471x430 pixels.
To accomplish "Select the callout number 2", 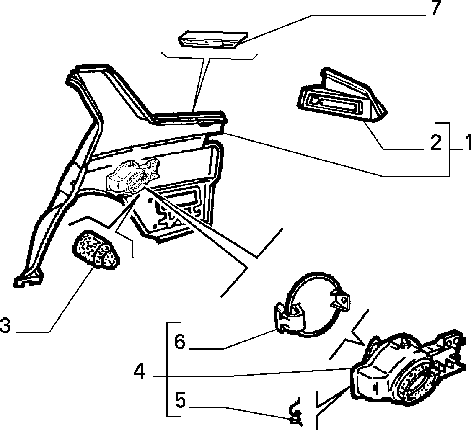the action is pyautogui.click(x=436, y=143).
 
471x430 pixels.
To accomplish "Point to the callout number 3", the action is pyautogui.click(x=5, y=326).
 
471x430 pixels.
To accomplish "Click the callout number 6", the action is pyautogui.click(x=180, y=342).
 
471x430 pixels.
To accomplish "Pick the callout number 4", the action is pyautogui.click(x=140, y=372).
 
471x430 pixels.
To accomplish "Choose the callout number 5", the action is pyautogui.click(x=180, y=401).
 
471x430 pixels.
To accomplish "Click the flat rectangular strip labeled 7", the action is pyautogui.click(x=213, y=39).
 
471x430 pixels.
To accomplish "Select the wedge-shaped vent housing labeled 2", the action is pyautogui.click(x=341, y=96).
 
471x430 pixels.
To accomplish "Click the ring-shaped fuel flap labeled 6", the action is pyautogui.click(x=313, y=304).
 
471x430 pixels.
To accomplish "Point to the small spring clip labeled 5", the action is pyautogui.click(x=295, y=412).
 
